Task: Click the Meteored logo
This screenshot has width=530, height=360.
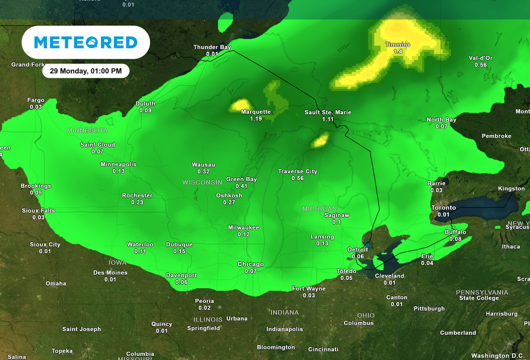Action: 85,42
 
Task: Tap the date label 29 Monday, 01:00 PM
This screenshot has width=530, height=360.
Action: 85,71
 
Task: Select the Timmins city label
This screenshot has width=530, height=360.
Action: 398,45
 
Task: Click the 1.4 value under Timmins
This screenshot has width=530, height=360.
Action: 398,52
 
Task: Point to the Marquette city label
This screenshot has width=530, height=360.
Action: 256,112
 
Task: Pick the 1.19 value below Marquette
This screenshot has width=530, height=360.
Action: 256,119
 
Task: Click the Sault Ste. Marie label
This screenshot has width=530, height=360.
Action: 328,112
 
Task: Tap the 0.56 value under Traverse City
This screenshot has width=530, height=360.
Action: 297,178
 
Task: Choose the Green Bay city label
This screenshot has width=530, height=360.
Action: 241,179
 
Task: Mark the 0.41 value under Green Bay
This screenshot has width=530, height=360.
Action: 241,186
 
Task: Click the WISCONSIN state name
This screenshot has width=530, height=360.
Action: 202,183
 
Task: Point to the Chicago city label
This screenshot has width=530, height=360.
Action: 251,264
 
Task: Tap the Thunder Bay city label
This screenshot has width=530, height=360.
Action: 212,47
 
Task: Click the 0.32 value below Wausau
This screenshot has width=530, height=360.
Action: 203,172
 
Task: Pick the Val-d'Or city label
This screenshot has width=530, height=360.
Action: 480,58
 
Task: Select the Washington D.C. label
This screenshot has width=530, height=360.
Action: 497,356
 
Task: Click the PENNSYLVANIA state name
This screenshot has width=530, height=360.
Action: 481,292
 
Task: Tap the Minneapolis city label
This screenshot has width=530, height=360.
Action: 119,164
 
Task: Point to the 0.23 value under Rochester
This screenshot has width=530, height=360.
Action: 137,203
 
